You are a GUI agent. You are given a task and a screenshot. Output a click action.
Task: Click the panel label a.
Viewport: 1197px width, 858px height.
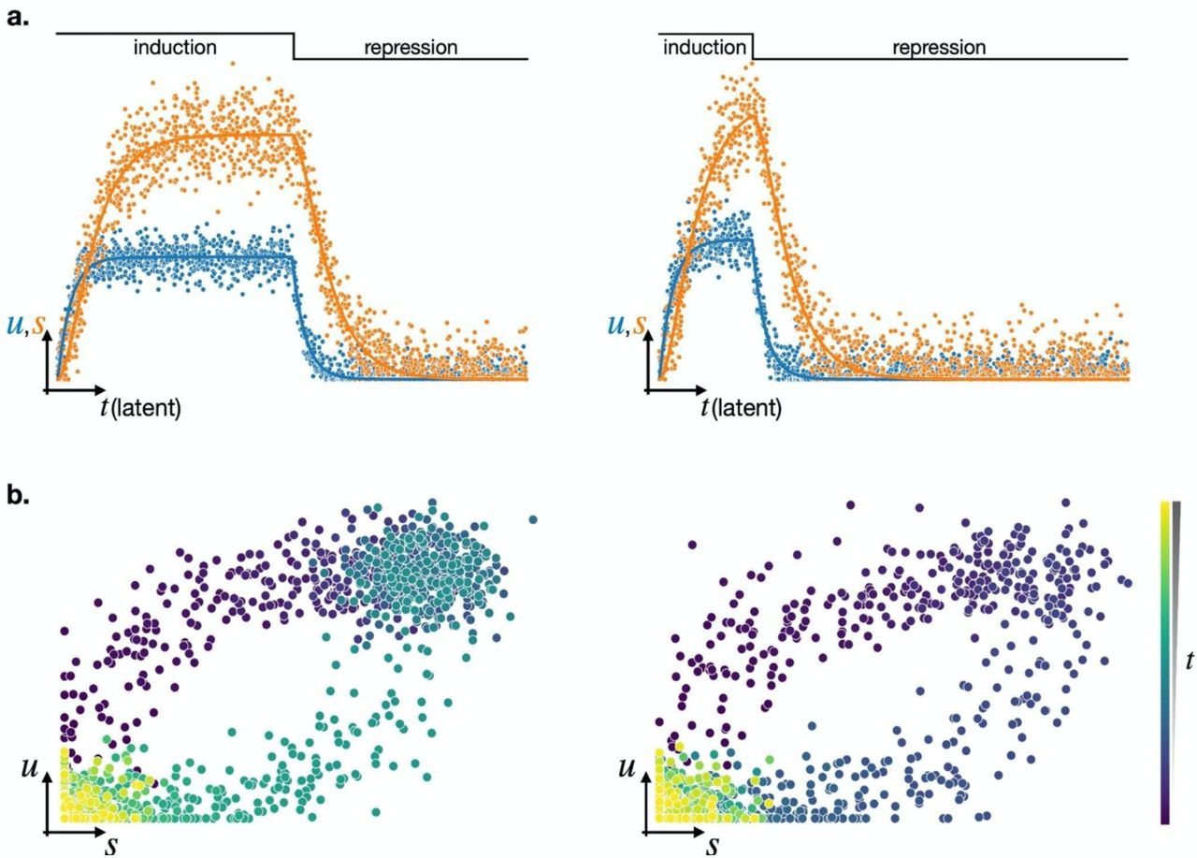pos(19,16)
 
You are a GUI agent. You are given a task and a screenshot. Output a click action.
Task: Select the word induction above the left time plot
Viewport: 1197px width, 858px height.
pos(175,47)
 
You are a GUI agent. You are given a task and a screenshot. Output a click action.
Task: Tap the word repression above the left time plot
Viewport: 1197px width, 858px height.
pos(411,47)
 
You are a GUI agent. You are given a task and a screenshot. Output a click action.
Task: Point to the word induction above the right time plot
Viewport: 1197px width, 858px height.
pos(704,47)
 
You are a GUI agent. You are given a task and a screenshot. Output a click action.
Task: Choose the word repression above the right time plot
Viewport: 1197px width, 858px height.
pos(939,47)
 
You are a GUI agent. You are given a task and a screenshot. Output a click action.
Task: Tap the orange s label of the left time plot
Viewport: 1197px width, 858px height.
pos(38,325)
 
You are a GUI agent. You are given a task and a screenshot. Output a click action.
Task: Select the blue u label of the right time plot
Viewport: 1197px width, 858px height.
pos(616,325)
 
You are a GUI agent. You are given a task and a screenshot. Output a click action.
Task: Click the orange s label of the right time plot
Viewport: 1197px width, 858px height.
pos(640,325)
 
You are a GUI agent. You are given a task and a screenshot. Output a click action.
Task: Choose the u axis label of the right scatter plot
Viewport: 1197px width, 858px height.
pos(627,769)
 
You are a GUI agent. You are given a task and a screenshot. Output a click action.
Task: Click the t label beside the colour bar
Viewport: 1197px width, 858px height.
pos(1189,661)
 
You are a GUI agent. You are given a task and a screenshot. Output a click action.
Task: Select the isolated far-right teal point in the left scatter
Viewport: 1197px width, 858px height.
pos(533,519)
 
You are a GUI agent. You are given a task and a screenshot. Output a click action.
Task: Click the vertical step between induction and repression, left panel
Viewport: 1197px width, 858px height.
pos(294,46)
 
